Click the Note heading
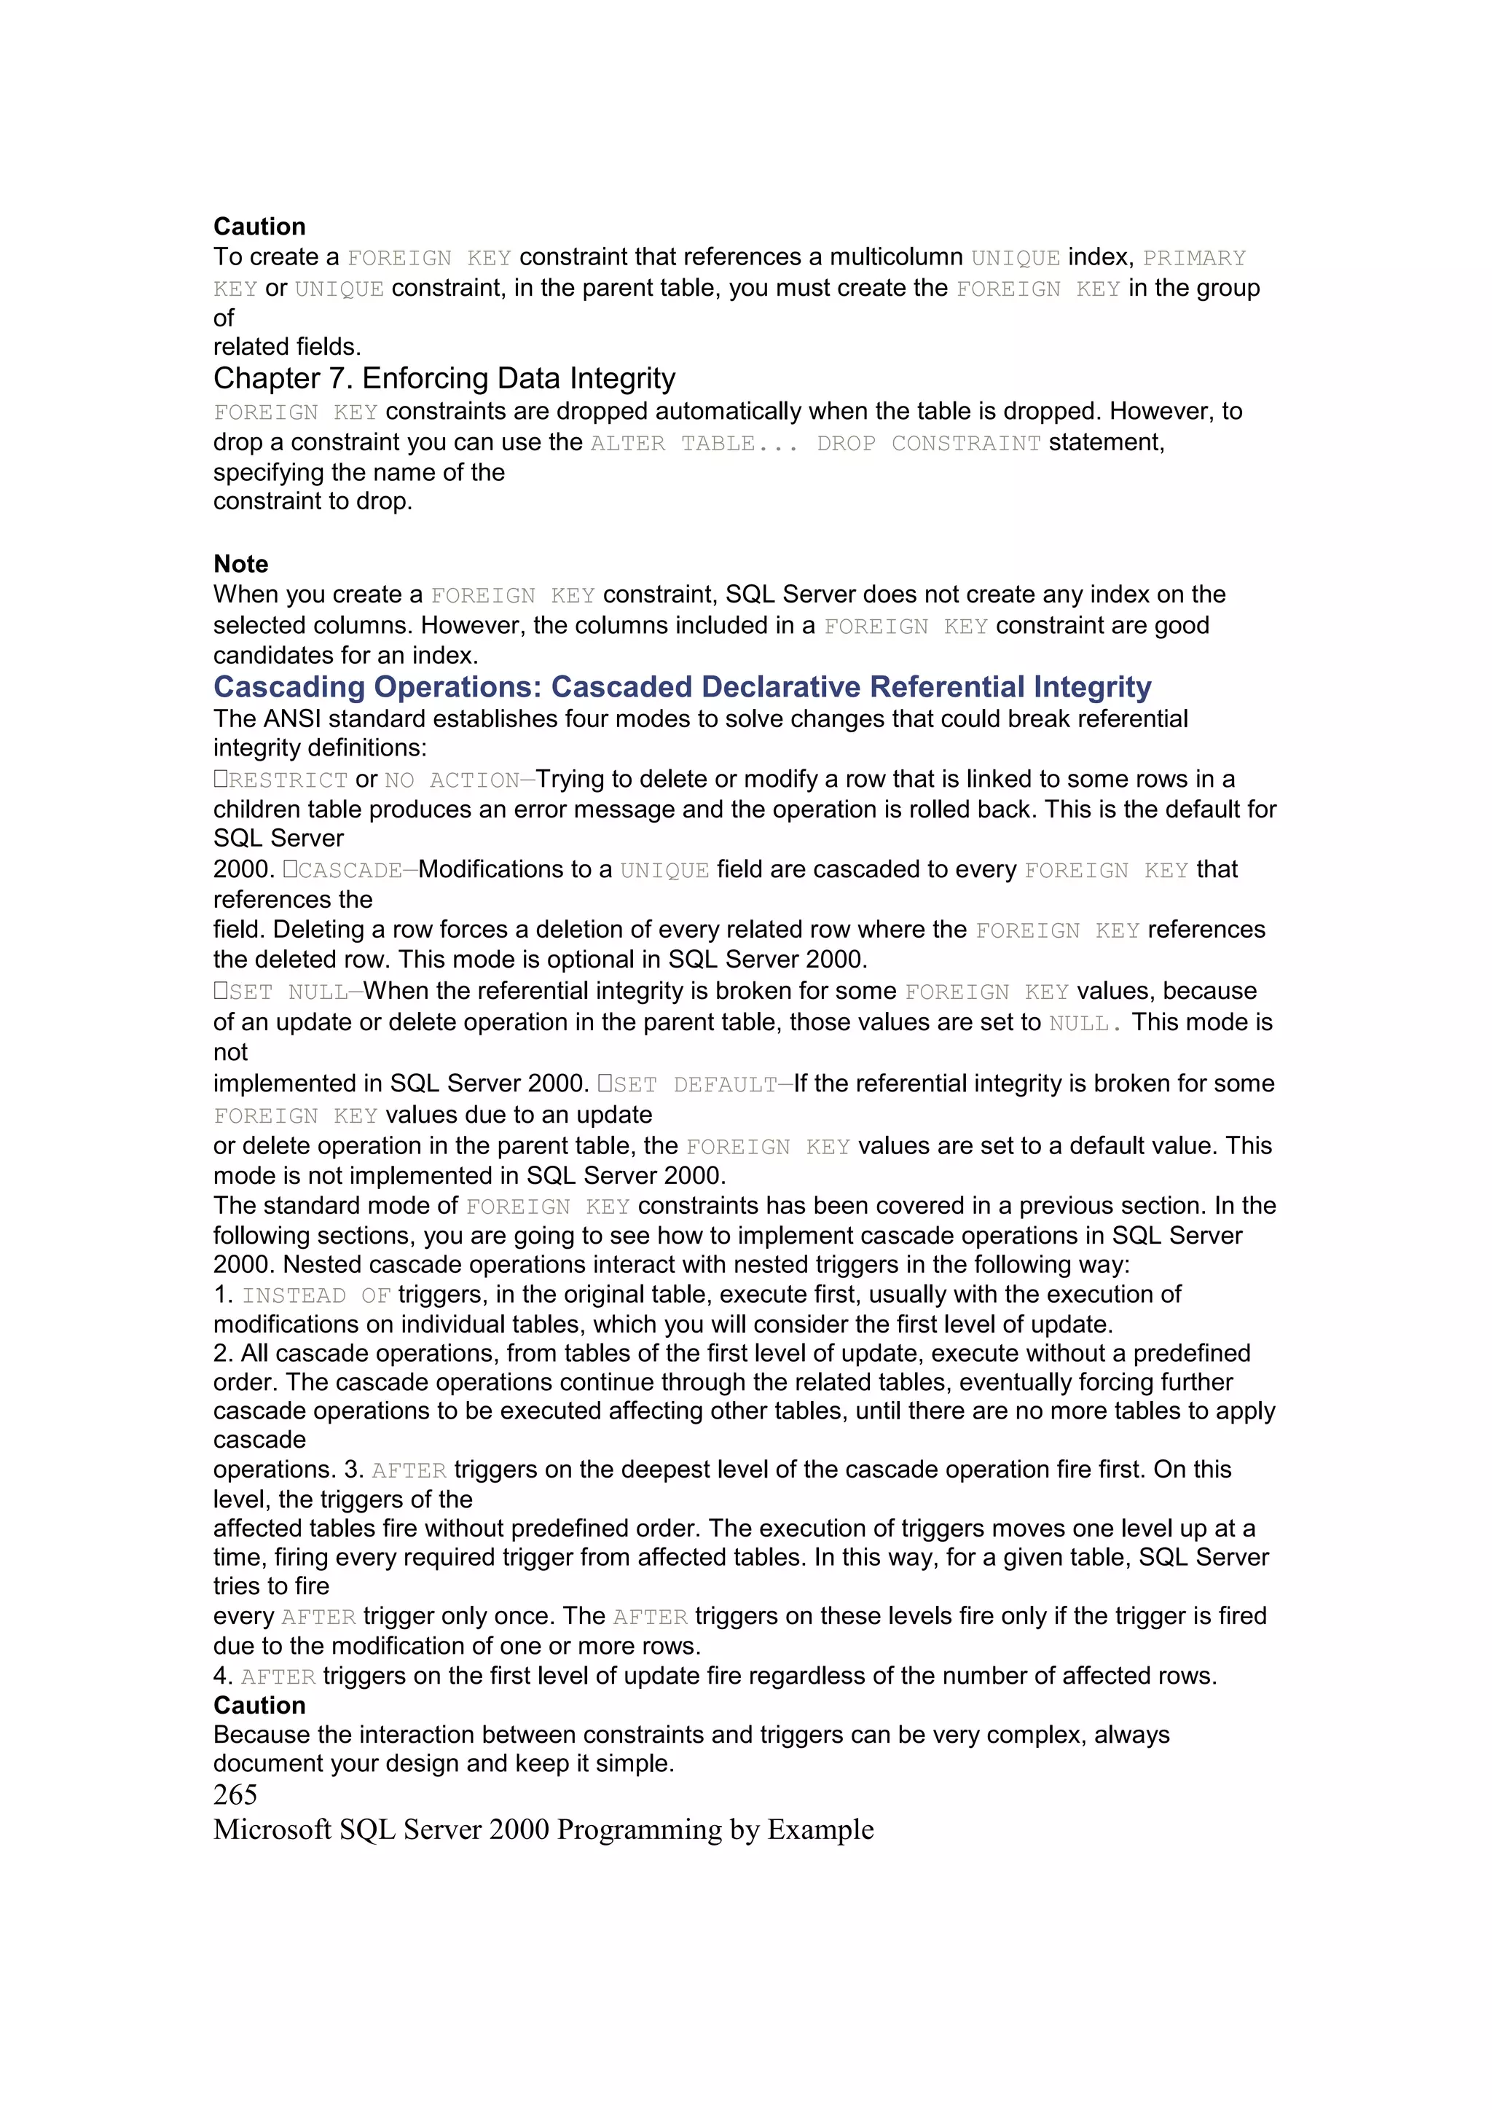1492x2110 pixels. (x=240, y=563)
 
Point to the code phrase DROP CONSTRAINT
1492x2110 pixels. (x=928, y=443)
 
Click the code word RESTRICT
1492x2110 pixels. (x=288, y=780)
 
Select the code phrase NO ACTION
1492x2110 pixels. (x=451, y=780)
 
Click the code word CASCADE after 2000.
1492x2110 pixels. (x=350, y=870)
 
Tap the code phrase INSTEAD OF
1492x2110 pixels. (x=316, y=1295)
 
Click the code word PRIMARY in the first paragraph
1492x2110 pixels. (x=1193, y=258)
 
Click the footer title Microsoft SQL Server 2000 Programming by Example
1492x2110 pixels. (x=543, y=1829)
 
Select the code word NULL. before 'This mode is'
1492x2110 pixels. (x=1084, y=1023)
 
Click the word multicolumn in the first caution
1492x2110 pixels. (x=896, y=257)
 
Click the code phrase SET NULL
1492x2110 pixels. (x=288, y=992)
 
